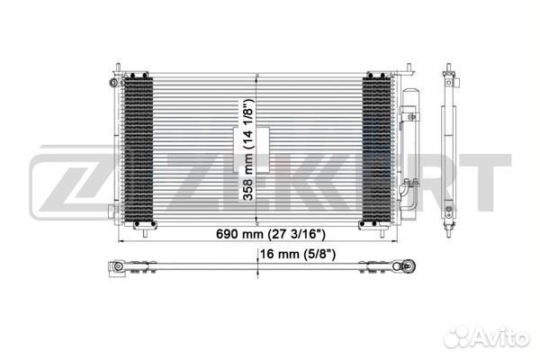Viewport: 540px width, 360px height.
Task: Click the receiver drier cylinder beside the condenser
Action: pyautogui.click(x=412, y=148)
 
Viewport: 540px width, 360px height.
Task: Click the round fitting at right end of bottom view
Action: pyautogui.click(x=411, y=267)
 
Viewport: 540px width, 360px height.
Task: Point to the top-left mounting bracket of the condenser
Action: pyautogui.click(x=117, y=70)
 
